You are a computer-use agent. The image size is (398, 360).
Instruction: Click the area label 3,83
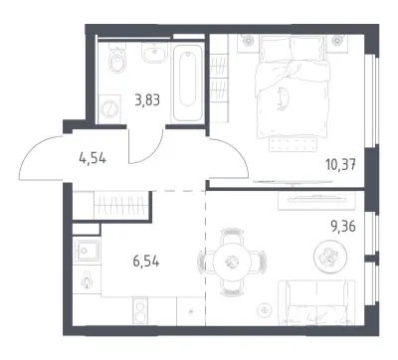coord(147,99)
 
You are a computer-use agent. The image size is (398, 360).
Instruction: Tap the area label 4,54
coord(93,159)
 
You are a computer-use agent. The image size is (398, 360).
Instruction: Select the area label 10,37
coord(340,164)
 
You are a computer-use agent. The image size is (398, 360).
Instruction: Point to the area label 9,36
coord(342,227)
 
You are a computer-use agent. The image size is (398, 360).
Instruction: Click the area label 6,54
coord(146,262)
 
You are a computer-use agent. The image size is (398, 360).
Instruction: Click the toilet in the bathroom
coord(116,60)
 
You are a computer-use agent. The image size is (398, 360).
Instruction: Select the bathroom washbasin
coord(155,52)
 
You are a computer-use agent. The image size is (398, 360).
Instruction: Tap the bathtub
coord(188,83)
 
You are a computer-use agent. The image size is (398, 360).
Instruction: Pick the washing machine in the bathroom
coord(109,108)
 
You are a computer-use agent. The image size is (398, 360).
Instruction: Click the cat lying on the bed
coord(283,98)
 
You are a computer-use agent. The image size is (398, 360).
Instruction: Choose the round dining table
coord(232,263)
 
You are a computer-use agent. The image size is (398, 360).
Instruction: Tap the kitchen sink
coord(87,251)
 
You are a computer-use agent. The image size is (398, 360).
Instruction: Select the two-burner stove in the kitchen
coord(141,310)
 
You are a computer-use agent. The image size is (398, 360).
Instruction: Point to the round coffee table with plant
coord(330,256)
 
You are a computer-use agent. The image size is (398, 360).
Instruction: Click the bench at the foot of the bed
coord(294,144)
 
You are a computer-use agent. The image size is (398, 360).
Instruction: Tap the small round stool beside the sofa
coord(265,310)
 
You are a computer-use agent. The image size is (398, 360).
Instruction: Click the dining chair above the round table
coord(232,235)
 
